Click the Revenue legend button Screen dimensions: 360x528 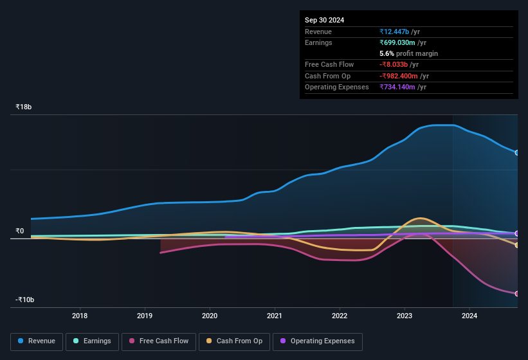click(37, 341)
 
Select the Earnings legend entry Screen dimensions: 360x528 click(92, 341)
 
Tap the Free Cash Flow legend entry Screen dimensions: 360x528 click(159, 341)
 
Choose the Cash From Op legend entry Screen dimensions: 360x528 click(234, 341)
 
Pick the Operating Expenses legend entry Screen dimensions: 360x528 click(317, 341)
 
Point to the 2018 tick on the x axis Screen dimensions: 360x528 click(80, 316)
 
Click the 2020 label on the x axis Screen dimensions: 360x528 click(210, 316)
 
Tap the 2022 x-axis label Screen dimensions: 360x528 click(340, 316)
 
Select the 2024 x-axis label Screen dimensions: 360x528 click(469, 316)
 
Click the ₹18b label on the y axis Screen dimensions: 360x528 click(24, 107)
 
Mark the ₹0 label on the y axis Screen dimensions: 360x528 click(20, 231)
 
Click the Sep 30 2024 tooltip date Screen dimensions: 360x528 click(324, 20)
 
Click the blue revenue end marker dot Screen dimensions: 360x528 click(517, 152)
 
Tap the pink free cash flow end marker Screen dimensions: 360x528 click(517, 293)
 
